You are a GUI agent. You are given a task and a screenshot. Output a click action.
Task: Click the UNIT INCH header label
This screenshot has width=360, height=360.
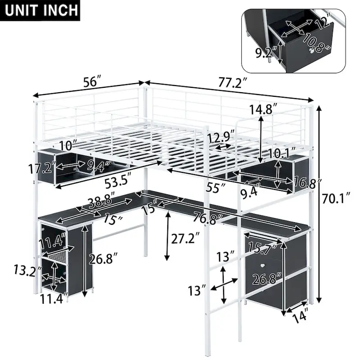tap(41, 9)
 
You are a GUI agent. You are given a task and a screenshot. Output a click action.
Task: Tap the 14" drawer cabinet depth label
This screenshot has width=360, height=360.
tap(301, 316)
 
